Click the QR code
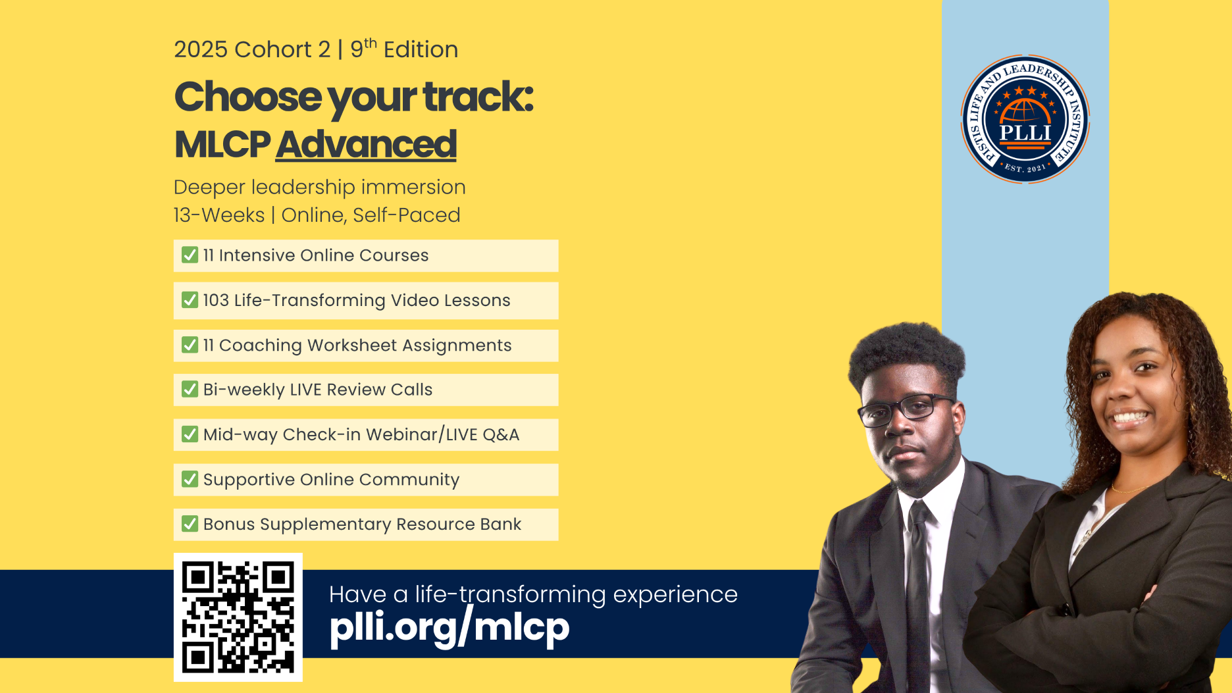(x=238, y=617)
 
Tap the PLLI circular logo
(x=1025, y=119)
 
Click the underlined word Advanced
(x=366, y=145)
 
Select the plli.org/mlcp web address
(x=449, y=627)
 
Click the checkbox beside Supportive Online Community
(x=190, y=479)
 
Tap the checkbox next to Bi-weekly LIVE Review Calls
(x=190, y=389)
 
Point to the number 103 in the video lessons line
(x=216, y=300)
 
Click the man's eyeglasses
(x=906, y=407)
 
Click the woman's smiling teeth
(x=1129, y=417)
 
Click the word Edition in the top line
(x=421, y=49)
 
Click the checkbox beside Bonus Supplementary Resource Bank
(x=190, y=524)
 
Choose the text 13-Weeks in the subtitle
(x=219, y=215)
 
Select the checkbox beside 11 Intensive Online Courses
(x=190, y=255)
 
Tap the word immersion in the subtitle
(x=413, y=187)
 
